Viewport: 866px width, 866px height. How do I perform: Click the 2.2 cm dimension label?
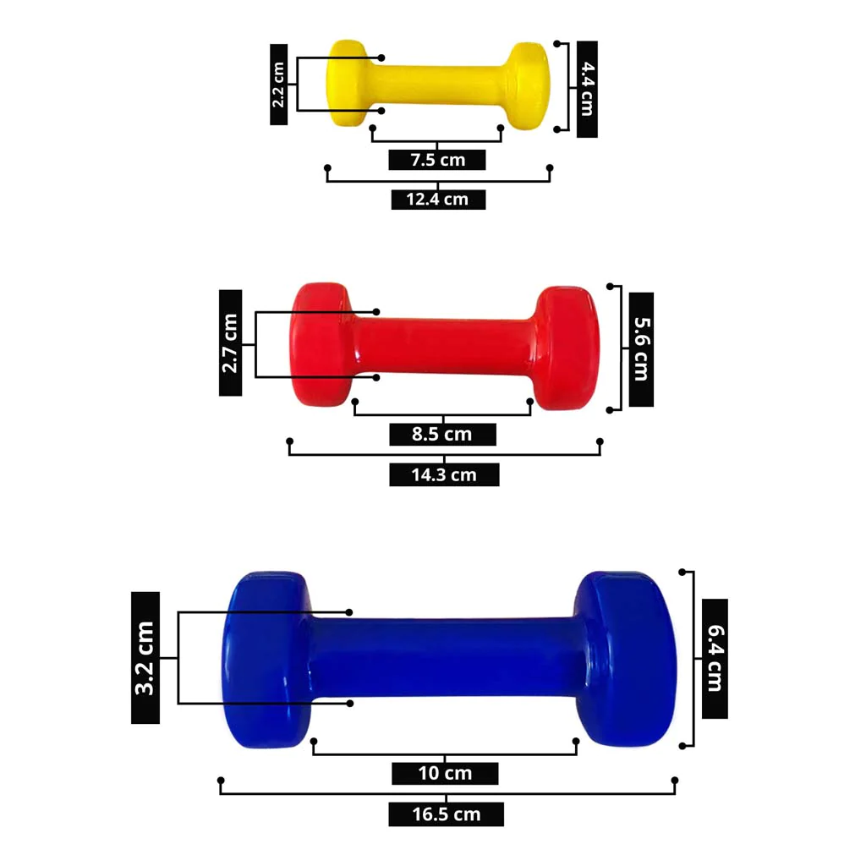click(x=278, y=85)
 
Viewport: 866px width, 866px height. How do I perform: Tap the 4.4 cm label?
click(x=587, y=89)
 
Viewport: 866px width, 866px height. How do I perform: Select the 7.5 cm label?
click(x=437, y=160)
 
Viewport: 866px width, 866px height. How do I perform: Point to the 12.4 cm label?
click(x=438, y=200)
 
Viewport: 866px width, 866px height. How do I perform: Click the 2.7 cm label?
click(x=230, y=343)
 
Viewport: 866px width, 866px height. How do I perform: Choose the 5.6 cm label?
click(x=641, y=349)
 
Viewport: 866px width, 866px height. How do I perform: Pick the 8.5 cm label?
click(x=442, y=434)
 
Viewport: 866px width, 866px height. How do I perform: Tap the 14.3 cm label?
click(x=444, y=475)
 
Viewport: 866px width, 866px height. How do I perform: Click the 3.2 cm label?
click(x=145, y=658)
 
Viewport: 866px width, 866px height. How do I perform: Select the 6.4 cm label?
click(x=715, y=658)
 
